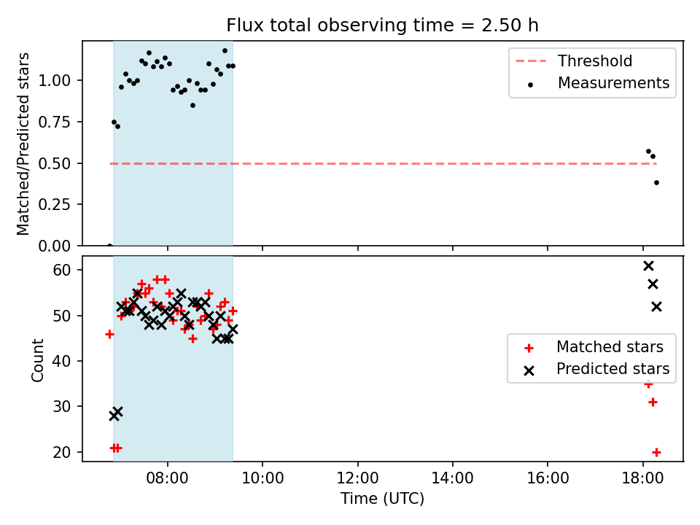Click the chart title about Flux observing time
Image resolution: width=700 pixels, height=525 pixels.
(382, 26)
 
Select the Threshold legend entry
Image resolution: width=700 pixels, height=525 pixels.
(574, 61)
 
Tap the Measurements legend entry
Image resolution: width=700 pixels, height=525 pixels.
(597, 83)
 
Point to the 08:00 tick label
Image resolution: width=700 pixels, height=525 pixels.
(168, 478)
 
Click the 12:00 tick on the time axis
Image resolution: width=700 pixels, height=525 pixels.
(357, 478)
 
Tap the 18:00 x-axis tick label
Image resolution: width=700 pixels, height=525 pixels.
(642, 478)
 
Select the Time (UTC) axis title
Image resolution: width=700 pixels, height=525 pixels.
(382, 499)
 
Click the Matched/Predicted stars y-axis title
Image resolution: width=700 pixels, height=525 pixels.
(23, 144)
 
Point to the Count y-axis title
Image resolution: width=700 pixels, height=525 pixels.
(37, 360)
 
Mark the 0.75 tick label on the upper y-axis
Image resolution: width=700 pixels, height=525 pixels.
(55, 122)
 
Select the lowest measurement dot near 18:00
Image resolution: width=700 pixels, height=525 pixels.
(656, 182)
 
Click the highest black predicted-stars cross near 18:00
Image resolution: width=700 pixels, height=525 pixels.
(649, 266)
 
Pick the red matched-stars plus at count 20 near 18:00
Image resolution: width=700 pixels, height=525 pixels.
(656, 452)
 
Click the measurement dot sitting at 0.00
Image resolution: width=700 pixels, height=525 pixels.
(109, 246)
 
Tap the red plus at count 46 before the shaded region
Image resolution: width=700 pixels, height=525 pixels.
(109, 334)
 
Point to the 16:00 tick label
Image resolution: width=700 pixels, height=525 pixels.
(548, 478)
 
